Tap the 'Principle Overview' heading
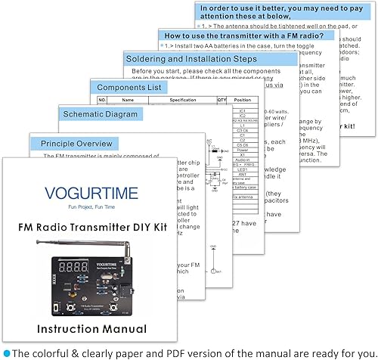point(76,142)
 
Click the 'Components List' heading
point(129,87)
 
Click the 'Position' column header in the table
point(243,100)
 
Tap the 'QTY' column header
point(222,100)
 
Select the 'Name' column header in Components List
point(128,100)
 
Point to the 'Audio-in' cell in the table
point(243,159)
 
